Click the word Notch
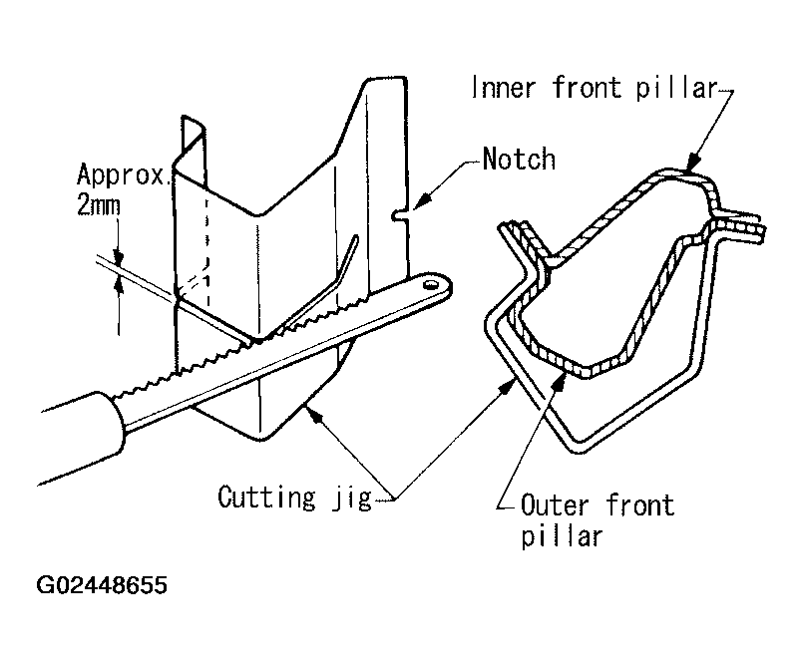click(518, 159)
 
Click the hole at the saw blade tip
click(431, 285)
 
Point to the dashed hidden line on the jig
click(206, 249)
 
